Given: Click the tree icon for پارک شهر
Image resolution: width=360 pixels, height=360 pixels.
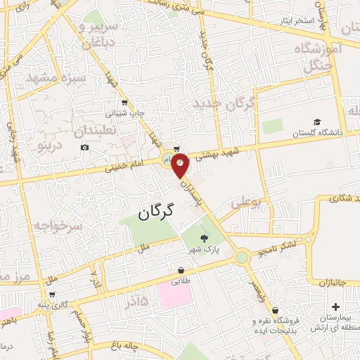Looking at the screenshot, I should click(x=205, y=238).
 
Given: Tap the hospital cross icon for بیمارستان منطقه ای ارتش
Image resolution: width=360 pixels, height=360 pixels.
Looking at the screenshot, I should click(x=335, y=307).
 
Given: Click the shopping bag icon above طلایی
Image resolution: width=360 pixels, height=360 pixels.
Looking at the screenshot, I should click(x=181, y=270).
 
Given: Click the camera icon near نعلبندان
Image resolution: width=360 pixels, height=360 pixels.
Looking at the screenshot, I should click(x=85, y=147).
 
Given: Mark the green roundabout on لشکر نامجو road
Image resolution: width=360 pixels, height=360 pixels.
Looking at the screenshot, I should click(x=243, y=258).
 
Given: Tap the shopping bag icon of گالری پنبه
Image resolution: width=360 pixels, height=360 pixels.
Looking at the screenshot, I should click(x=52, y=293).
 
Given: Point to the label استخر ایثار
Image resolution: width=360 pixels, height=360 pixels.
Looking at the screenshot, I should click(x=295, y=20).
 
